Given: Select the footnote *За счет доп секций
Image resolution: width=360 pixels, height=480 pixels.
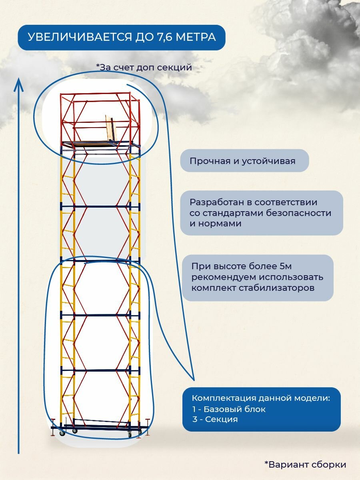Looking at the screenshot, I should click(x=144, y=67).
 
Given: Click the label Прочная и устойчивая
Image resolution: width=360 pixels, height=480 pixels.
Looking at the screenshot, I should click(x=242, y=161).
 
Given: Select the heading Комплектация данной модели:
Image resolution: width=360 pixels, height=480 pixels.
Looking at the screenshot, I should click(x=261, y=398).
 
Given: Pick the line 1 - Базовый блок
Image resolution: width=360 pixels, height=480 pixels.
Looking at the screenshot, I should click(x=229, y=409).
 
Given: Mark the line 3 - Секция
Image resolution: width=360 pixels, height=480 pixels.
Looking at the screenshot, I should click(x=215, y=419).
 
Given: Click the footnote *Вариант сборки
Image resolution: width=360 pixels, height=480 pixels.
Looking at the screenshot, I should click(x=305, y=464).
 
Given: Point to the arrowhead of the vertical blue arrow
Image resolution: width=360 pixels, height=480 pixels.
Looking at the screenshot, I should click(x=18, y=82).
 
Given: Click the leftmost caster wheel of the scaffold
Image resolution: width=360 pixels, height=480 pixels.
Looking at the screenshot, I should click(x=62, y=433).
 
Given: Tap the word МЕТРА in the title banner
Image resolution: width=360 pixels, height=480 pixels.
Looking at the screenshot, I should click(x=197, y=37).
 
